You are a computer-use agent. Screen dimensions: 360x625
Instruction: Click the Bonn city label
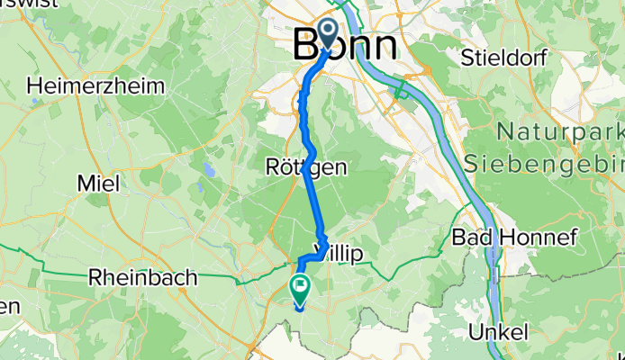(x=346, y=46)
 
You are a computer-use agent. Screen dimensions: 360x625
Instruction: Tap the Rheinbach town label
(x=142, y=278)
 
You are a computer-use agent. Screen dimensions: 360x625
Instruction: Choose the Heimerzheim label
(x=97, y=86)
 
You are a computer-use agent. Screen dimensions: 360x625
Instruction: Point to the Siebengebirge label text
(x=545, y=164)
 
